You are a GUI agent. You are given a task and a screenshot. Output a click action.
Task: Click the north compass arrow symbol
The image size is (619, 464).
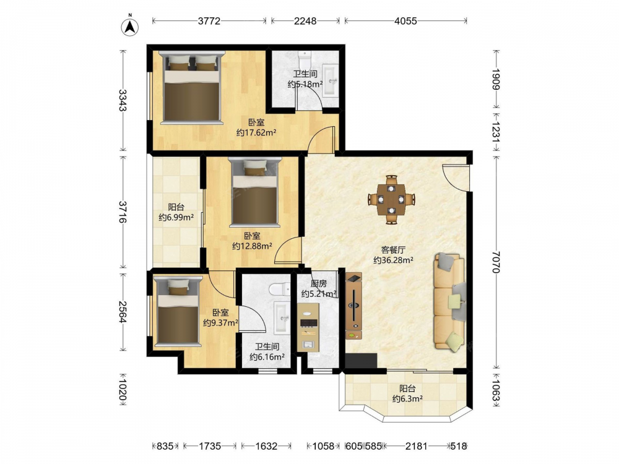[x=130, y=26]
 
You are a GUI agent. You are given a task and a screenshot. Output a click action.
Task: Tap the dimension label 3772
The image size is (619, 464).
[x=209, y=21]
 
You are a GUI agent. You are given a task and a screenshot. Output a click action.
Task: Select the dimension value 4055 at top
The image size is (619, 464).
[x=405, y=21]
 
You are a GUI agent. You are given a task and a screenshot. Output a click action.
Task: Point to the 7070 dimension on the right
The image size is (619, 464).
[x=496, y=262]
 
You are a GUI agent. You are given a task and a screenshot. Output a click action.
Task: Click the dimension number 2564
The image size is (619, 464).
[x=123, y=312]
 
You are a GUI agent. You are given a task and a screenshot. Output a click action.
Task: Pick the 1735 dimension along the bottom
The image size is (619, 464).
[x=210, y=446]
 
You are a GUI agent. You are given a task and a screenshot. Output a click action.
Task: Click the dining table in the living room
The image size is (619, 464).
[x=391, y=199]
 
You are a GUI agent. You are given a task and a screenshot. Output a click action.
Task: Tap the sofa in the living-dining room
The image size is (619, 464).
[x=449, y=303]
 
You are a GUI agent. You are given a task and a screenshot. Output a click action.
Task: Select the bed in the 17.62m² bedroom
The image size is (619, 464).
[x=192, y=87]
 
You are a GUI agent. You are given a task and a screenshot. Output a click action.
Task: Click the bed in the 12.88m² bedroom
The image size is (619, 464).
[x=254, y=192]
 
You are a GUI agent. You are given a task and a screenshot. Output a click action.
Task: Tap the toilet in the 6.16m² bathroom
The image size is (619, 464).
[x=280, y=289]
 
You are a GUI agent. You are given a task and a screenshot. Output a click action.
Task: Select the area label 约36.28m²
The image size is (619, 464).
[x=393, y=260]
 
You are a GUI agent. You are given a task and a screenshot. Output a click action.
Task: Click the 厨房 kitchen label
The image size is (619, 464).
[x=319, y=283]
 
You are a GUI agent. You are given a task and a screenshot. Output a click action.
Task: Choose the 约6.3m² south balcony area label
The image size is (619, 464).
[x=407, y=398]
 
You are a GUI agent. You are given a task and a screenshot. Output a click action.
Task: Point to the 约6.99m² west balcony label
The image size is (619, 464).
[x=176, y=217]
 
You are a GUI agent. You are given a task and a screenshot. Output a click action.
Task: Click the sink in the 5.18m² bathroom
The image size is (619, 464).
[x=331, y=80]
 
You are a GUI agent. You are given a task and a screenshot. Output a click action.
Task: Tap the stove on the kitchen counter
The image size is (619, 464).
[x=309, y=323]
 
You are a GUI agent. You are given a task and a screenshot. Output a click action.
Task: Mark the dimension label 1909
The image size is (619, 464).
[x=496, y=79]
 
